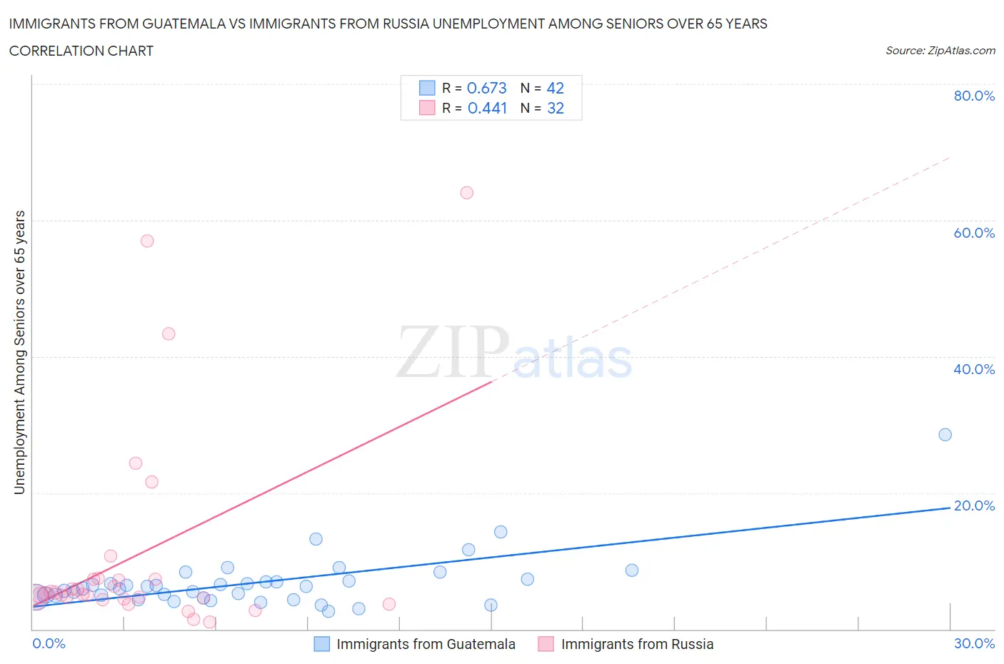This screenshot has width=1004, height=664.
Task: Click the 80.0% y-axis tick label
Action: tap(974, 96)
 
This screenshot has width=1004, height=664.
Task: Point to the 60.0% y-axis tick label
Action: tap(974, 233)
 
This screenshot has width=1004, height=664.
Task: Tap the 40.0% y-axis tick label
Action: tap(974, 369)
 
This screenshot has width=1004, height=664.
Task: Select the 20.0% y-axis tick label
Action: tap(974, 505)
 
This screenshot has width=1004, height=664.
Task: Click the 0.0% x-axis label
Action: tap(49, 643)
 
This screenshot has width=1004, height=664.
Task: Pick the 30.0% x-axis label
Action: tap(974, 643)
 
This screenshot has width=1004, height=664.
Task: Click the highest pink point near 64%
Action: tap(467, 193)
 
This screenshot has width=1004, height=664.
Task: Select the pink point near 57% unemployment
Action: tap(147, 241)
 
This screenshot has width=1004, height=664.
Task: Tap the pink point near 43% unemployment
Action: tap(169, 333)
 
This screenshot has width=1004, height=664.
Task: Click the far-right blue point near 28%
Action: tap(945, 435)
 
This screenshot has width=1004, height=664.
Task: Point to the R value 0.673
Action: tap(486, 88)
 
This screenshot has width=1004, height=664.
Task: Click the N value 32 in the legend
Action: tap(555, 108)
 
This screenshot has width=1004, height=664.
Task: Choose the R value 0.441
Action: tap(487, 108)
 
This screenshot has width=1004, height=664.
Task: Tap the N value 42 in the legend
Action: tap(555, 88)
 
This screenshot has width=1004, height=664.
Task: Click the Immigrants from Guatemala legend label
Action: tap(426, 644)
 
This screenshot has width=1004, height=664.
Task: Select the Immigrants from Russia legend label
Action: tap(637, 644)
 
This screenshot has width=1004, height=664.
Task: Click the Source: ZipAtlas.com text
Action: tap(940, 51)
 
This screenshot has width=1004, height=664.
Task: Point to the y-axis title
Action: tap(19, 352)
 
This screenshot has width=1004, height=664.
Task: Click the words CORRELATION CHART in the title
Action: tap(81, 51)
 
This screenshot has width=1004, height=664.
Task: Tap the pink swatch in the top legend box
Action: tap(427, 108)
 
